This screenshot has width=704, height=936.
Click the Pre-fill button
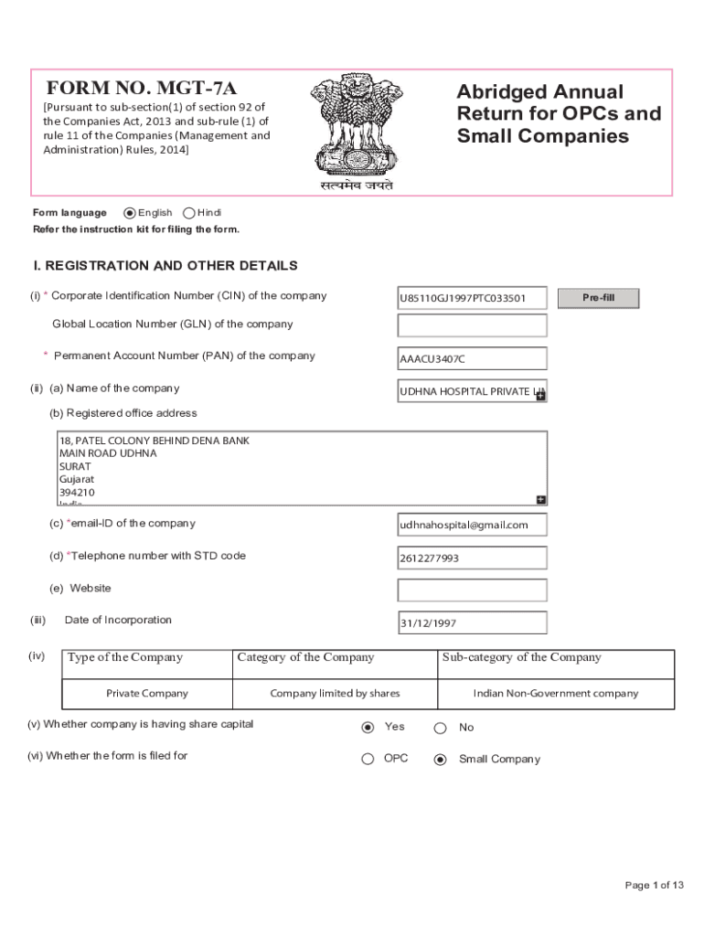pos(599,298)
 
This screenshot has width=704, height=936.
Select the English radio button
pos(129,213)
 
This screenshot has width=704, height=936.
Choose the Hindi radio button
pos(189,213)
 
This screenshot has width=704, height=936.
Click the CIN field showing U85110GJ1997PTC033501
pos(472,299)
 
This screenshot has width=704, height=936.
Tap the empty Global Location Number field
pos(472,325)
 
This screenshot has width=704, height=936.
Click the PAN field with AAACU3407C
pos(472,358)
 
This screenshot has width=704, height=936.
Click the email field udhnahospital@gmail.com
pos(472,525)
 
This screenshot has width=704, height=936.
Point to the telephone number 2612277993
pos(472,558)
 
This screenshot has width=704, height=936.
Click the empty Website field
pos(472,590)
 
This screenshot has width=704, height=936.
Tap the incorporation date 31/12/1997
pos(472,623)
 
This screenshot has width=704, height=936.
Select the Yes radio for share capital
pos(368,728)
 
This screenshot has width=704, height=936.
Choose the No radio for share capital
pos(440,728)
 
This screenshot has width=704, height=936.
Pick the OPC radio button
pos(368,759)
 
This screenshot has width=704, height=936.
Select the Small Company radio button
pos(440,759)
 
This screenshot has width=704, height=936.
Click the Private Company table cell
pos(147,693)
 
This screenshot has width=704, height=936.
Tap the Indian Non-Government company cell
pos(555,693)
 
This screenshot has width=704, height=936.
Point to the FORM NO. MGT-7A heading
pos(142,89)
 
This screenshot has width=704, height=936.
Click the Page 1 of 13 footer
pos(654,885)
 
